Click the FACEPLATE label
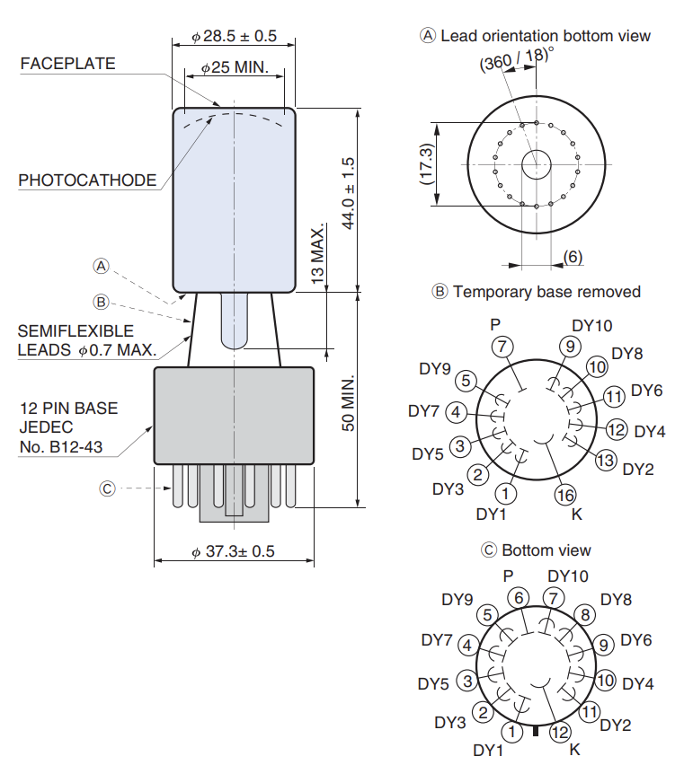click(67, 63)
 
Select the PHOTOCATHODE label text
click(87, 180)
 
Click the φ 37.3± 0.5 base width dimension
click(233, 551)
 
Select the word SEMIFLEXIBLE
click(75, 331)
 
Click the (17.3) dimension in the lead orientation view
click(425, 164)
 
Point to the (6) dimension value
click(573, 257)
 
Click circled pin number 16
click(565, 494)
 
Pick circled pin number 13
click(607, 460)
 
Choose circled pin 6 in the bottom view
click(518, 597)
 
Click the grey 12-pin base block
click(234, 415)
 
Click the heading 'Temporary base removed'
click(546, 292)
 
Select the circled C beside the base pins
click(107, 489)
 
